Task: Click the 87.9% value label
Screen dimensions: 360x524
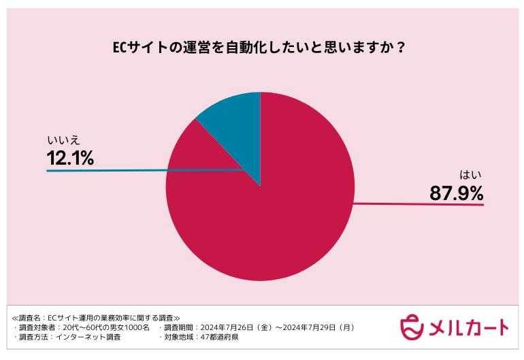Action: click(456, 193)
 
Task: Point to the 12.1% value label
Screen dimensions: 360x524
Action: click(70, 159)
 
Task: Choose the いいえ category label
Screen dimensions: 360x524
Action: click(63, 141)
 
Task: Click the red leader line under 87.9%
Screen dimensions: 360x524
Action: click(422, 203)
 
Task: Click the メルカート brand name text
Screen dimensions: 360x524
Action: click(469, 327)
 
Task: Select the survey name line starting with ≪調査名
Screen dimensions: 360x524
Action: click(96, 317)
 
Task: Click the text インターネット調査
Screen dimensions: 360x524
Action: click(89, 337)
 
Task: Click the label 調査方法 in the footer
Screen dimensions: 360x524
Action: click(35, 337)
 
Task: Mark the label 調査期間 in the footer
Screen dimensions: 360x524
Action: click(177, 327)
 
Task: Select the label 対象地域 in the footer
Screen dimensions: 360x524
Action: click(177, 337)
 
